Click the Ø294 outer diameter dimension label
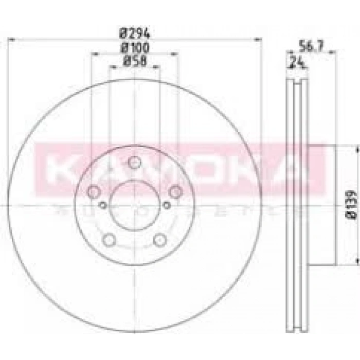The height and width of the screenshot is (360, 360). pyautogui.click(x=135, y=34)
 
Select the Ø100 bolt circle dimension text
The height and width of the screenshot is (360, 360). pyautogui.click(x=135, y=48)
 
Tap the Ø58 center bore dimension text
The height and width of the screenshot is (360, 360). pyautogui.click(x=134, y=61)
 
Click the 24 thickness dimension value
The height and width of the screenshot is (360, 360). pyautogui.click(x=296, y=64)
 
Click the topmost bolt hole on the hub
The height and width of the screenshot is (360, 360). pyautogui.click(x=134, y=163)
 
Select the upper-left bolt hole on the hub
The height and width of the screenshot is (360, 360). pyautogui.click(x=94, y=192)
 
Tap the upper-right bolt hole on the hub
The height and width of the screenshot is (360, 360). pyautogui.click(x=176, y=192)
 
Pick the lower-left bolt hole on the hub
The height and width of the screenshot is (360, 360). pyautogui.click(x=109, y=240)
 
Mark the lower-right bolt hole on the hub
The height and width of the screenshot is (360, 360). pyautogui.click(x=160, y=240)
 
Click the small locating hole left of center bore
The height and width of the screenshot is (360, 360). pyautogui.click(x=103, y=205)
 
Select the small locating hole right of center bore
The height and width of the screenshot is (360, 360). pyautogui.click(x=167, y=205)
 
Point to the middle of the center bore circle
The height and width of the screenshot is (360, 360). pyautogui.click(x=134, y=205)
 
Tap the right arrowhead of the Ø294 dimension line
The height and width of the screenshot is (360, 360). pyautogui.click(x=259, y=39)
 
